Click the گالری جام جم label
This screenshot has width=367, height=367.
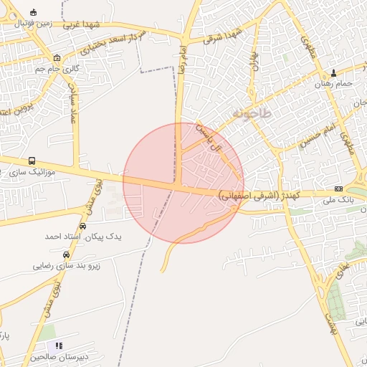57,70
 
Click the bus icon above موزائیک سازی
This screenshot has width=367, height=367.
31,161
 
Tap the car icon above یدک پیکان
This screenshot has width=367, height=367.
84,225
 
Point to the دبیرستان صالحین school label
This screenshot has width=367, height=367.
59,357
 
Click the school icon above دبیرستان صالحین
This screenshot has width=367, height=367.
59,345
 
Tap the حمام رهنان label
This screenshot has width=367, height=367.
334,84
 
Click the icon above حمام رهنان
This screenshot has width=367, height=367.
334,73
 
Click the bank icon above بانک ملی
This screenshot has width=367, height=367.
338,189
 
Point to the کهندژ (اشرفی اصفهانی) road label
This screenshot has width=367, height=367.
254,194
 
